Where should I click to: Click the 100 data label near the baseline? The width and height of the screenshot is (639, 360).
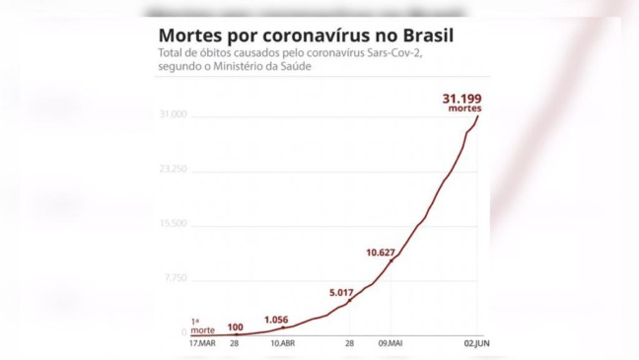[x=235, y=325]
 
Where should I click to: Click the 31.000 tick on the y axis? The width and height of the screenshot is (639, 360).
[x=173, y=116]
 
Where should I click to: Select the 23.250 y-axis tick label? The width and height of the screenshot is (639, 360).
[x=173, y=170]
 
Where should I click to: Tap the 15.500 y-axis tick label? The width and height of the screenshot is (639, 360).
[x=173, y=224]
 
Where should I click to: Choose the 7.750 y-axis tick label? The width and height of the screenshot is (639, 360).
[x=175, y=278]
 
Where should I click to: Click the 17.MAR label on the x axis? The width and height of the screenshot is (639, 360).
[x=201, y=343]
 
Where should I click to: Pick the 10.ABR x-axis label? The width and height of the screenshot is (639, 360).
[x=281, y=343]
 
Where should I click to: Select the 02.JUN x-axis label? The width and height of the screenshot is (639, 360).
[x=476, y=343]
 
